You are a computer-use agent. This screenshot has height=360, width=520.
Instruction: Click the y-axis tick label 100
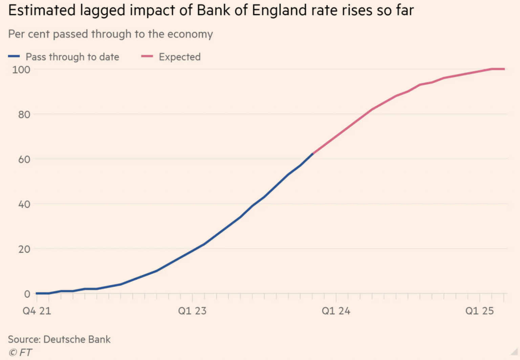[x=21, y=70]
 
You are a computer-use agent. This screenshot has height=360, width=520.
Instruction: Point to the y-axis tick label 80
[x=24, y=114]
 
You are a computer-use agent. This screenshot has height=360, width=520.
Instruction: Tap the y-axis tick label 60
[x=24, y=160]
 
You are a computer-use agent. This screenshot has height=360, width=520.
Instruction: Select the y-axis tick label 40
[x=24, y=204]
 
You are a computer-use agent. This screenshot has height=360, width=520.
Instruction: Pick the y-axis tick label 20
[x=24, y=249]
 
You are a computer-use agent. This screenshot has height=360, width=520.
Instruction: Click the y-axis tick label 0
[x=27, y=294]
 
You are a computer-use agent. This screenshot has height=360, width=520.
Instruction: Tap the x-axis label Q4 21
[x=37, y=311]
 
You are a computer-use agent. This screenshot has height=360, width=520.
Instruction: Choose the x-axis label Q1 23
[x=192, y=311]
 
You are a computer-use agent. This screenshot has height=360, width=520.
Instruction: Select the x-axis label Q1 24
[x=336, y=311]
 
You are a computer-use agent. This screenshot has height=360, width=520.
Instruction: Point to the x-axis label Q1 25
[x=479, y=311]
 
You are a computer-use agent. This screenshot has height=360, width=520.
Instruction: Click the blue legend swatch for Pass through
[x=14, y=57]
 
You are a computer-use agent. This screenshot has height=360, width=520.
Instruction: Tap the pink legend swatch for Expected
[x=147, y=57]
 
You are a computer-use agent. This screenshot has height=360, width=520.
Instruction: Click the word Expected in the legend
[x=180, y=57]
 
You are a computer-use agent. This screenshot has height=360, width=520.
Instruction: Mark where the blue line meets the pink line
[x=312, y=154]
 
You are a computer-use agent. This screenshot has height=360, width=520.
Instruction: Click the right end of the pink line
[x=504, y=69]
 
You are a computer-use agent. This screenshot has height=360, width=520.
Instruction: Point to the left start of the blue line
[x=37, y=293]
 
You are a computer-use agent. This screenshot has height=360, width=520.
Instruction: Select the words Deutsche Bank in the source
[x=77, y=339]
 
